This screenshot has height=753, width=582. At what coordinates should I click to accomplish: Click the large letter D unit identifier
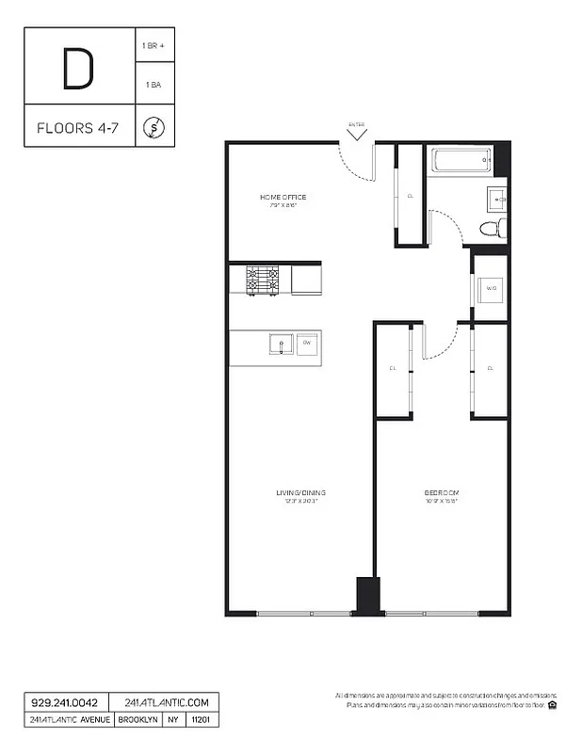tap(78, 69)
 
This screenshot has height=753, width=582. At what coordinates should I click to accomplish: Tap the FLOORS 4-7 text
tap(78, 127)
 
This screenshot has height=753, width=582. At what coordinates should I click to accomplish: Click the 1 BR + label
tap(154, 46)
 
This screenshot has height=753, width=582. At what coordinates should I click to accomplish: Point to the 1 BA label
tap(154, 85)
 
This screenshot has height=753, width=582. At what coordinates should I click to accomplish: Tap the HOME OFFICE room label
tap(283, 198)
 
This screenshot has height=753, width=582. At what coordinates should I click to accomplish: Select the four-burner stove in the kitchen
tap(263, 280)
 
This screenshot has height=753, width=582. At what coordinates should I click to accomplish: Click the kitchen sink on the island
tap(279, 345)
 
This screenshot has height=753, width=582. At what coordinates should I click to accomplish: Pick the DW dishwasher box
tap(307, 344)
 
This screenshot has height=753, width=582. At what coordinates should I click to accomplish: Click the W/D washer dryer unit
tap(491, 289)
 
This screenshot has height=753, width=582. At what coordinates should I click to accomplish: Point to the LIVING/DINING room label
tap(300, 493)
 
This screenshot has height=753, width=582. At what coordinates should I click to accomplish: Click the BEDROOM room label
tap(440, 493)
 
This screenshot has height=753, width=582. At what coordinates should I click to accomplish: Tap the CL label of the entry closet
tap(410, 196)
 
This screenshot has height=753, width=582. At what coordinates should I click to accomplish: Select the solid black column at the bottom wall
tap(367, 596)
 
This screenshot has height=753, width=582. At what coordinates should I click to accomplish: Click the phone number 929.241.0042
tap(64, 703)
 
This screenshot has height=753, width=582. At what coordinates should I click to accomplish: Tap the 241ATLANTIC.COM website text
tap(166, 703)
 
